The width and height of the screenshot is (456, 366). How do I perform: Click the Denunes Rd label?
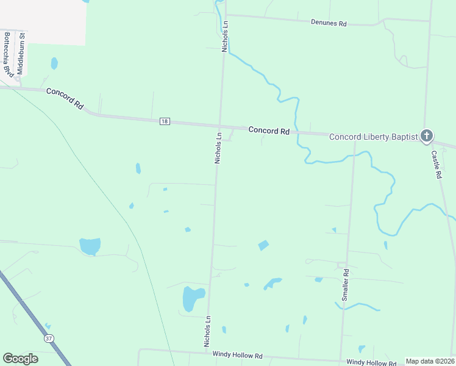(x=329, y=23)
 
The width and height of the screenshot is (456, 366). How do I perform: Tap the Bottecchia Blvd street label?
(x=8, y=54)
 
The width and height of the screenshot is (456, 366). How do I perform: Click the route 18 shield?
(x=165, y=121)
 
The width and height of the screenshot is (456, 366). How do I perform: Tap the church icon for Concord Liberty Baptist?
(x=427, y=135)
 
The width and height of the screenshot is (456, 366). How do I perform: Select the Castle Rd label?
(x=436, y=164)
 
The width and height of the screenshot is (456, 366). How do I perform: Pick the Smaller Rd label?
(x=345, y=284)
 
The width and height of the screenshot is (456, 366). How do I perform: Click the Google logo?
(x=20, y=359)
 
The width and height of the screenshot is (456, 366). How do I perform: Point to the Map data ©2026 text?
(x=430, y=361)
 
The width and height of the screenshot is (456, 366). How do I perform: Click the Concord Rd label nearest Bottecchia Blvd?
(x=64, y=98)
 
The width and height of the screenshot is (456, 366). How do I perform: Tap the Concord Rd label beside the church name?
(x=268, y=131)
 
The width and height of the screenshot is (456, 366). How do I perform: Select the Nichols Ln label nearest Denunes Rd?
(x=225, y=37)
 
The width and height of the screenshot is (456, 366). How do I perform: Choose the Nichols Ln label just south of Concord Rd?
(x=218, y=147)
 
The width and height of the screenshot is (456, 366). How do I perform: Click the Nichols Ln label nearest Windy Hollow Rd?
(x=208, y=331)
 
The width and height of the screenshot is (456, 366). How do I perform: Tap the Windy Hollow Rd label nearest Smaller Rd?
(x=371, y=362)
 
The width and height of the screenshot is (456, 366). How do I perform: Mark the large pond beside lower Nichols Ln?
(x=193, y=298)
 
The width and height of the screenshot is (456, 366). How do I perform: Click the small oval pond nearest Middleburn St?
(x=54, y=63)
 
